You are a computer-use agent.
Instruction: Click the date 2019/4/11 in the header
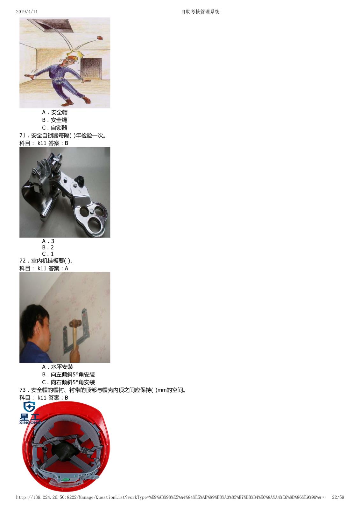click(27, 11)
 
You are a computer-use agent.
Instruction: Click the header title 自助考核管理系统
click(200, 11)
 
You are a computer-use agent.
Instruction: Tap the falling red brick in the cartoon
click(100, 38)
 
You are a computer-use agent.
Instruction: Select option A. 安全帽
click(54, 112)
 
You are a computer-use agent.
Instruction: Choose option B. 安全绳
click(54, 120)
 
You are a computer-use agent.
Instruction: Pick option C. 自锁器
click(54, 128)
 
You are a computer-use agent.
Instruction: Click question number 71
click(23, 136)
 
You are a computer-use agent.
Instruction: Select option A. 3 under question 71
click(48, 241)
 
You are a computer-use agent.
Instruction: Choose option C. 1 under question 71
click(48, 254)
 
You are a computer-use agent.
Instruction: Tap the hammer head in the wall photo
click(75, 323)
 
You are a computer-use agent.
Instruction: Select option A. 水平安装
click(58, 367)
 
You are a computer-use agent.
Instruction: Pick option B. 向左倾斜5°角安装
click(68, 374)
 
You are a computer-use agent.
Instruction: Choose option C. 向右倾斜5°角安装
click(68, 382)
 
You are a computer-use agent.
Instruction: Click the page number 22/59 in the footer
click(338, 497)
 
